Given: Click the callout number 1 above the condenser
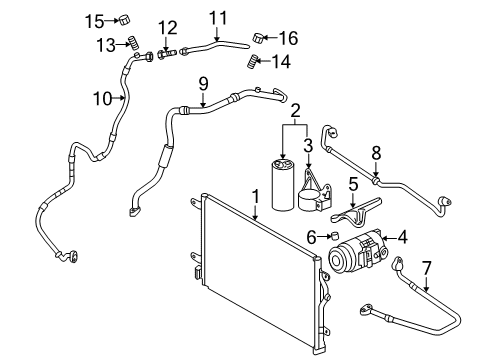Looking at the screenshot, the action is tap(255, 197).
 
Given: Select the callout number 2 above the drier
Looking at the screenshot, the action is tap(295, 111).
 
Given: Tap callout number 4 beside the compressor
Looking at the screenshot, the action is tap(402, 237).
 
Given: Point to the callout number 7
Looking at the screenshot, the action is tap(426, 268).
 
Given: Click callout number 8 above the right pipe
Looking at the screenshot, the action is tap(376, 153).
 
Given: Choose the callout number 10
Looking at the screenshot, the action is tap(102, 98).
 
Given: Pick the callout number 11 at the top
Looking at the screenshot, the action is tap(218, 18).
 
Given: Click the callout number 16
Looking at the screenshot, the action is tap(288, 38).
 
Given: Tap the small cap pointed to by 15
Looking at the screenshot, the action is tap(125, 20).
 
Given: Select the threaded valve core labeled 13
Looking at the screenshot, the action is tap(134, 42).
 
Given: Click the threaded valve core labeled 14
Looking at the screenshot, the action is tap(253, 62).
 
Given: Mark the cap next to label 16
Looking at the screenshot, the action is tap(259, 37).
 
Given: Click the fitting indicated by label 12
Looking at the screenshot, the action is tap(166, 54).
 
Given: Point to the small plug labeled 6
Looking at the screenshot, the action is tap(334, 236).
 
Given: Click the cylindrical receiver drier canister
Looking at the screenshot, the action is tap(283, 185).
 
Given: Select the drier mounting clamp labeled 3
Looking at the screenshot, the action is tap(315, 193).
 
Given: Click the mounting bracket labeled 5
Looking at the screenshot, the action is tap(357, 213).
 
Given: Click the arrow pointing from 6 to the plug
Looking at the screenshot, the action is tap(323, 237).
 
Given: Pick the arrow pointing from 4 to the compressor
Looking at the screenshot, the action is tap(389, 238).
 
